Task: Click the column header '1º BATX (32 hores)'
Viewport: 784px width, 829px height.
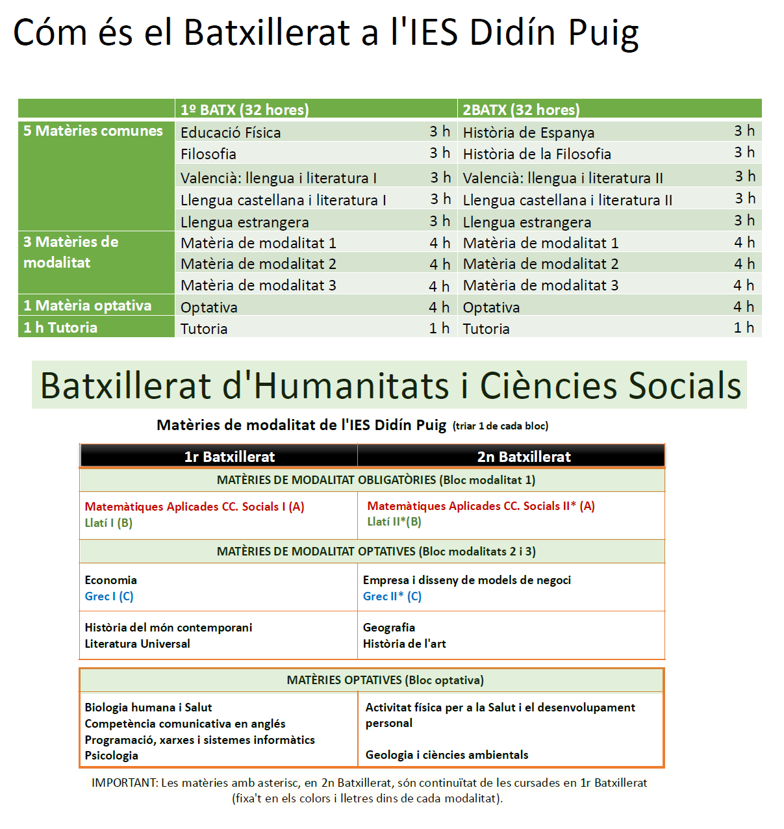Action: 245,110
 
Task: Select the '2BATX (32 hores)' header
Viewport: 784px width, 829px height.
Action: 521,110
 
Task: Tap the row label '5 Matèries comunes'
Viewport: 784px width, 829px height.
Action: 93,131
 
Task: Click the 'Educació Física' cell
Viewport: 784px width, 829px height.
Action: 231,133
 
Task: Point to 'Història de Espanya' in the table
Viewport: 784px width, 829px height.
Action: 528,133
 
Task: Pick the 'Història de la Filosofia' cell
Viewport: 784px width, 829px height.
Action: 537,154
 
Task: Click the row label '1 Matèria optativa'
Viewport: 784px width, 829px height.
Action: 87,305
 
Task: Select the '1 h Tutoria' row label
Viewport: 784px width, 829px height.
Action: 60,327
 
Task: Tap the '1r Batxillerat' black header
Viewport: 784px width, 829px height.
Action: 229,457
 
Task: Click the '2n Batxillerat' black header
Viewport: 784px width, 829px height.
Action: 524,457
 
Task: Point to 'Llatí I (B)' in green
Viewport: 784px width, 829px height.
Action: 108,523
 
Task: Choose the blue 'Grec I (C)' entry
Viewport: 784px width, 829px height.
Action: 109,596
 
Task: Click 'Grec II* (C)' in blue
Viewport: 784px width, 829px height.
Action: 392,596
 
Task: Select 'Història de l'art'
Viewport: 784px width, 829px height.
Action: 404,644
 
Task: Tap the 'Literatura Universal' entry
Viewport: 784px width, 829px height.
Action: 137,644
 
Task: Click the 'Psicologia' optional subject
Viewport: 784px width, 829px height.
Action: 111,756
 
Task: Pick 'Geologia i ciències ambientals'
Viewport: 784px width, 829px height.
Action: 446,755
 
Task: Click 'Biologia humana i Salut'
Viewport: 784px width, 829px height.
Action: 148,708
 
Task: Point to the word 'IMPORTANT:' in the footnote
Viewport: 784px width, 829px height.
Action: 124,783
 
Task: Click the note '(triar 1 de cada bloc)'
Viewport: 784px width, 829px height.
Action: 500,426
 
